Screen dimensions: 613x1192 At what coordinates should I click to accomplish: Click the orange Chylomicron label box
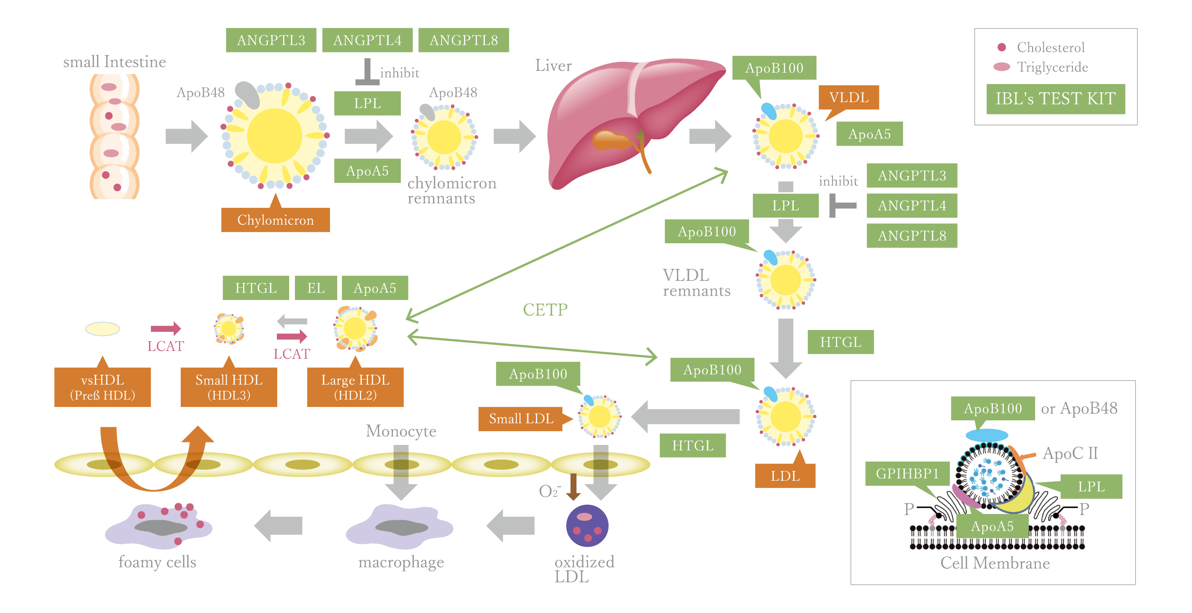click(275, 220)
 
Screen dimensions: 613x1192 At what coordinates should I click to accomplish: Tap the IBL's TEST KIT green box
click(1055, 99)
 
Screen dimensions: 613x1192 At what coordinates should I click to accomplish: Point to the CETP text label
click(545, 309)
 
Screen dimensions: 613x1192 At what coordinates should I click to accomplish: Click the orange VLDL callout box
click(848, 98)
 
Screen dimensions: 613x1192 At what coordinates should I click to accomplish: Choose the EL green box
click(316, 288)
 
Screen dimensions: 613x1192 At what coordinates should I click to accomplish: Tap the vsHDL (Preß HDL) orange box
click(102, 387)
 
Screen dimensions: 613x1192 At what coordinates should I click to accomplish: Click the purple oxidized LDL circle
click(587, 526)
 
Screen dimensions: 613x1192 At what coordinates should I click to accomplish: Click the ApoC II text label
click(1070, 453)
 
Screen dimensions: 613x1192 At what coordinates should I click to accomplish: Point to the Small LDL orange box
click(520, 419)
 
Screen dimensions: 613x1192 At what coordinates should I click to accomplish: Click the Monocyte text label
click(401, 431)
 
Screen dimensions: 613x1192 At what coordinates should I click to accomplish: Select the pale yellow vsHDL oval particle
click(102, 329)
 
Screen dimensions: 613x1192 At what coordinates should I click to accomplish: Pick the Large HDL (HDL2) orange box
click(355, 387)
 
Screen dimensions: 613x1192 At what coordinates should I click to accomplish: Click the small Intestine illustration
click(114, 137)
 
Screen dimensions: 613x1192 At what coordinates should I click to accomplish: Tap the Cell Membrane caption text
click(995, 563)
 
